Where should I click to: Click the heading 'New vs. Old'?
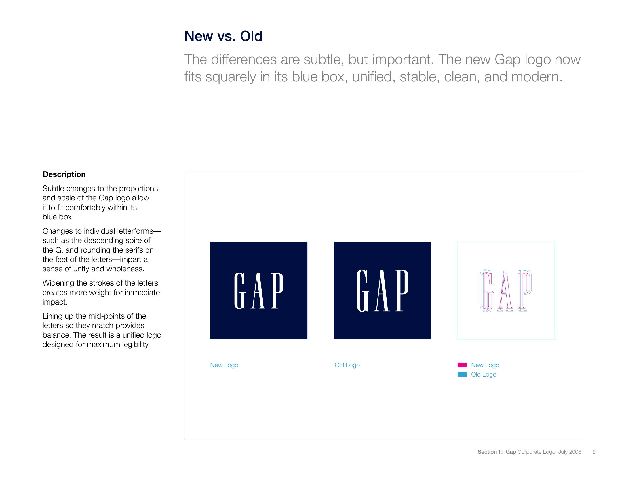point(224,36)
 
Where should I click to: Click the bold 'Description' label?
point(64,174)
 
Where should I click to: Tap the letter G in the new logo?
point(240,291)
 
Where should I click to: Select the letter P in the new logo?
point(277,291)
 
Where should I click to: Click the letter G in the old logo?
point(362,291)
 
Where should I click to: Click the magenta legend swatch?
point(462,365)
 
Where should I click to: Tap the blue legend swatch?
point(462,374)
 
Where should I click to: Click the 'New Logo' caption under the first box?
point(224,365)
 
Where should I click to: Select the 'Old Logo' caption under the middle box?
point(347,365)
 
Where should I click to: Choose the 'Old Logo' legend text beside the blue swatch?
point(484,375)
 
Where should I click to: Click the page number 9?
point(594,452)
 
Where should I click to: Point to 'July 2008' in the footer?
point(570,452)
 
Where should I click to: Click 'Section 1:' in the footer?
point(490,452)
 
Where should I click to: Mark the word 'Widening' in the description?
point(59,283)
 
